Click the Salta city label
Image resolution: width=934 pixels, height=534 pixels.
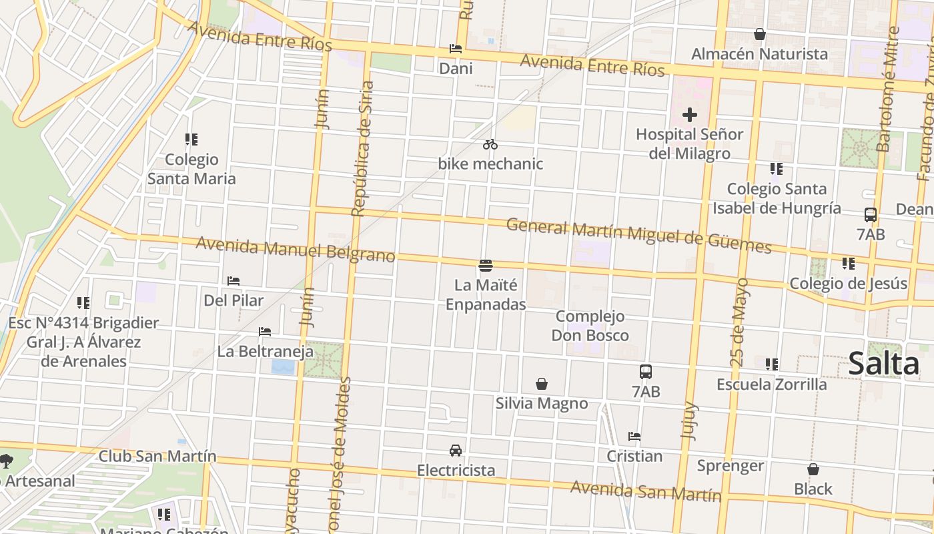click(x=884, y=364)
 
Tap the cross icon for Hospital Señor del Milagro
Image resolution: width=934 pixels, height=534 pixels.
click(x=689, y=115)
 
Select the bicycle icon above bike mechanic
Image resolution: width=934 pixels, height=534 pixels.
click(x=490, y=144)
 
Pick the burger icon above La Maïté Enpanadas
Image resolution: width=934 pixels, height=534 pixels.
click(x=486, y=266)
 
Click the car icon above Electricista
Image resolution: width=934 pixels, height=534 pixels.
click(x=456, y=451)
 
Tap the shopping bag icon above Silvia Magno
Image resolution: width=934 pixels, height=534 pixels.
click(x=542, y=384)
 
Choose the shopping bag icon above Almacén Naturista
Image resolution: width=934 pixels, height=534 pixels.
click(x=759, y=34)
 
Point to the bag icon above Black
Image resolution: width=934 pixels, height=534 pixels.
click(x=813, y=469)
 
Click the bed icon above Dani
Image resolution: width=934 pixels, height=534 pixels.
click(x=456, y=49)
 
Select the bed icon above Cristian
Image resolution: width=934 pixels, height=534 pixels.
click(x=634, y=437)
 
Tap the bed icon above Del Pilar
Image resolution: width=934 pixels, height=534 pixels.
click(x=233, y=281)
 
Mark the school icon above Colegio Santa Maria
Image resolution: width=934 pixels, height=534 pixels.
click(x=191, y=140)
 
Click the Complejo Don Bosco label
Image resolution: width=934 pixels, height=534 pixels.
click(x=590, y=325)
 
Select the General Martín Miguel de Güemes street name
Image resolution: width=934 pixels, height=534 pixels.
click(x=638, y=236)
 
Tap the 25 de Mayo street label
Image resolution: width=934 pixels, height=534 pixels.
click(x=739, y=322)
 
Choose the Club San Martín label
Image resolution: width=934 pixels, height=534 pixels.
click(x=157, y=456)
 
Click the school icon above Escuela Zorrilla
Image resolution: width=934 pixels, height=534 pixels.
click(x=772, y=364)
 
